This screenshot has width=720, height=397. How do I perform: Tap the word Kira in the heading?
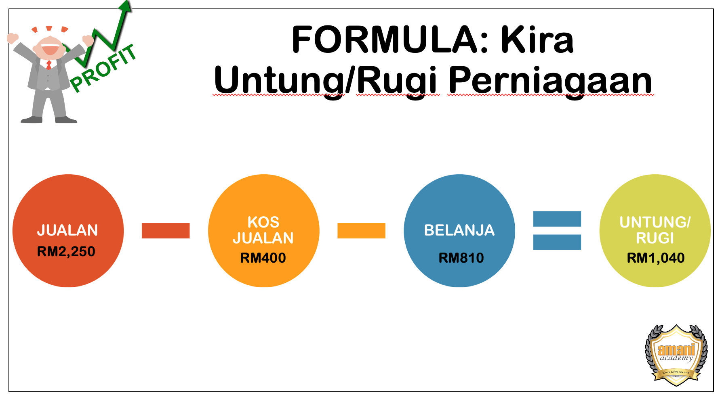tap(537, 40)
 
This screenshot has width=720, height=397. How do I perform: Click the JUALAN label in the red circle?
tap(67, 230)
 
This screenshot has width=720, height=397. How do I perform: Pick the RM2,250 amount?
tap(66, 252)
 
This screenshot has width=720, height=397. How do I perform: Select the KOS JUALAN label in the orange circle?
tap(263, 230)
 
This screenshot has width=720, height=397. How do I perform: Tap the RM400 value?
tap(263, 258)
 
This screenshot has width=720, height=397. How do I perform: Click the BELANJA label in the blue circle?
tap(459, 230)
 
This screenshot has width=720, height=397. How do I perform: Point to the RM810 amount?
tap(461, 258)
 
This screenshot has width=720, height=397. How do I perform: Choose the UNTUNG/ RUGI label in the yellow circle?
tap(655, 230)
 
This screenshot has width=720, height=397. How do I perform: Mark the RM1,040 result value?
tap(655, 258)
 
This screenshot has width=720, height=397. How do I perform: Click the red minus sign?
tap(166, 230)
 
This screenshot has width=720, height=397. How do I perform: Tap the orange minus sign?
tap(361, 230)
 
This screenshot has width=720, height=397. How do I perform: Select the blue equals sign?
tap(557, 230)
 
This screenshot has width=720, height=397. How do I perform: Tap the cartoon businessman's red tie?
tap(49, 65)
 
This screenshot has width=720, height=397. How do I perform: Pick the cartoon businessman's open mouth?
tap(50, 50)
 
